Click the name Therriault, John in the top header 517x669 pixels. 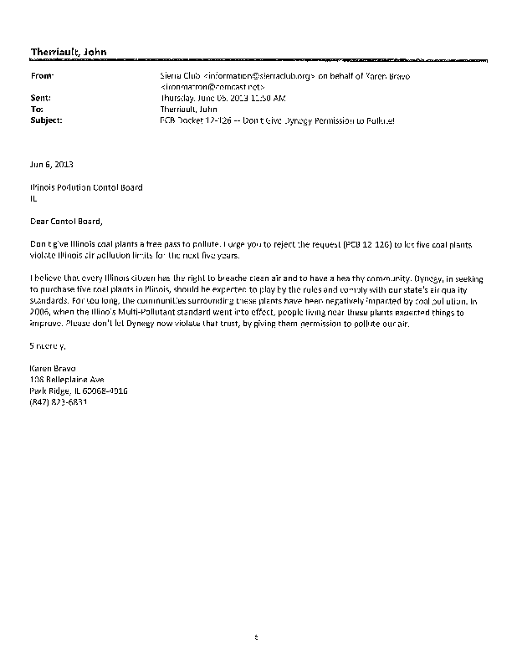point(64,53)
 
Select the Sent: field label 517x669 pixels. point(40,98)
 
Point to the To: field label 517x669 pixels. point(36,109)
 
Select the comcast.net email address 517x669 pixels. point(213,86)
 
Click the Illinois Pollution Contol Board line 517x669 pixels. point(86,187)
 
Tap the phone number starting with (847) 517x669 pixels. point(59,401)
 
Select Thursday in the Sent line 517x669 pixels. point(177,98)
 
